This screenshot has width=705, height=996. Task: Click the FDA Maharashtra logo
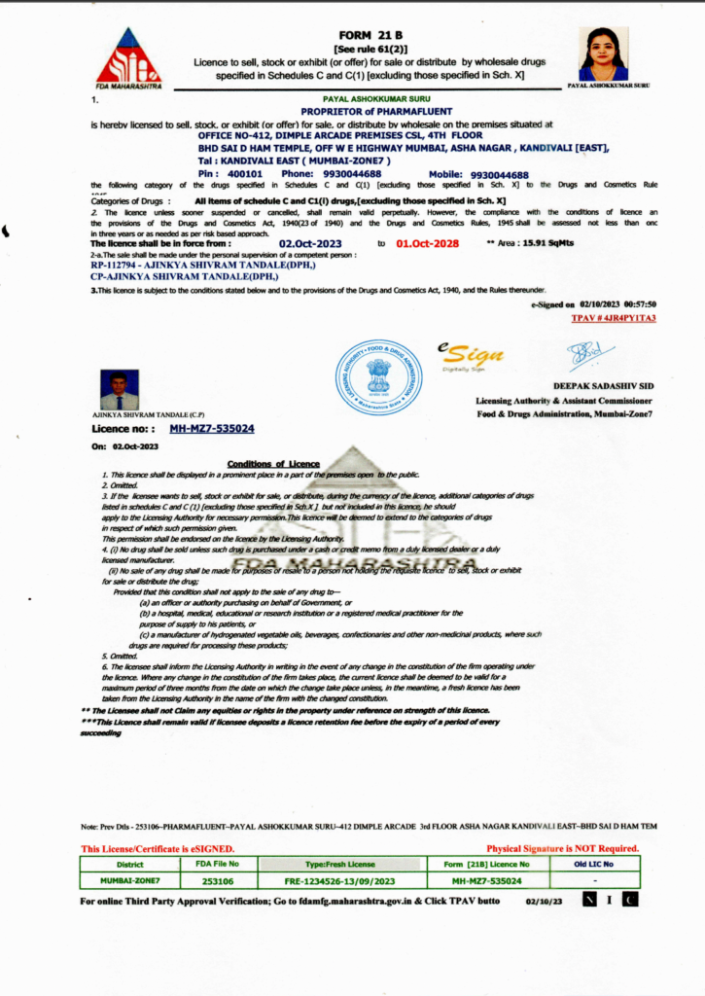(x=128, y=57)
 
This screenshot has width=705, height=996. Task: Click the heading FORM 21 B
(x=370, y=34)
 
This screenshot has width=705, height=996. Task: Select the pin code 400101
(x=245, y=174)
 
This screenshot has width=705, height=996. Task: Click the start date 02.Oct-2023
(x=311, y=243)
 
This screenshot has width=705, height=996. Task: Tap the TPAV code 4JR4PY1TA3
(x=614, y=317)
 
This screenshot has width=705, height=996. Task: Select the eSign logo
(x=469, y=355)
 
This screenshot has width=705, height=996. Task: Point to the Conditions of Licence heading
(x=272, y=464)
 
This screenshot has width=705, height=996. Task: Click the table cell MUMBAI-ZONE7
(x=129, y=880)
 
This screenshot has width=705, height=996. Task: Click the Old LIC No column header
(x=594, y=864)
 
